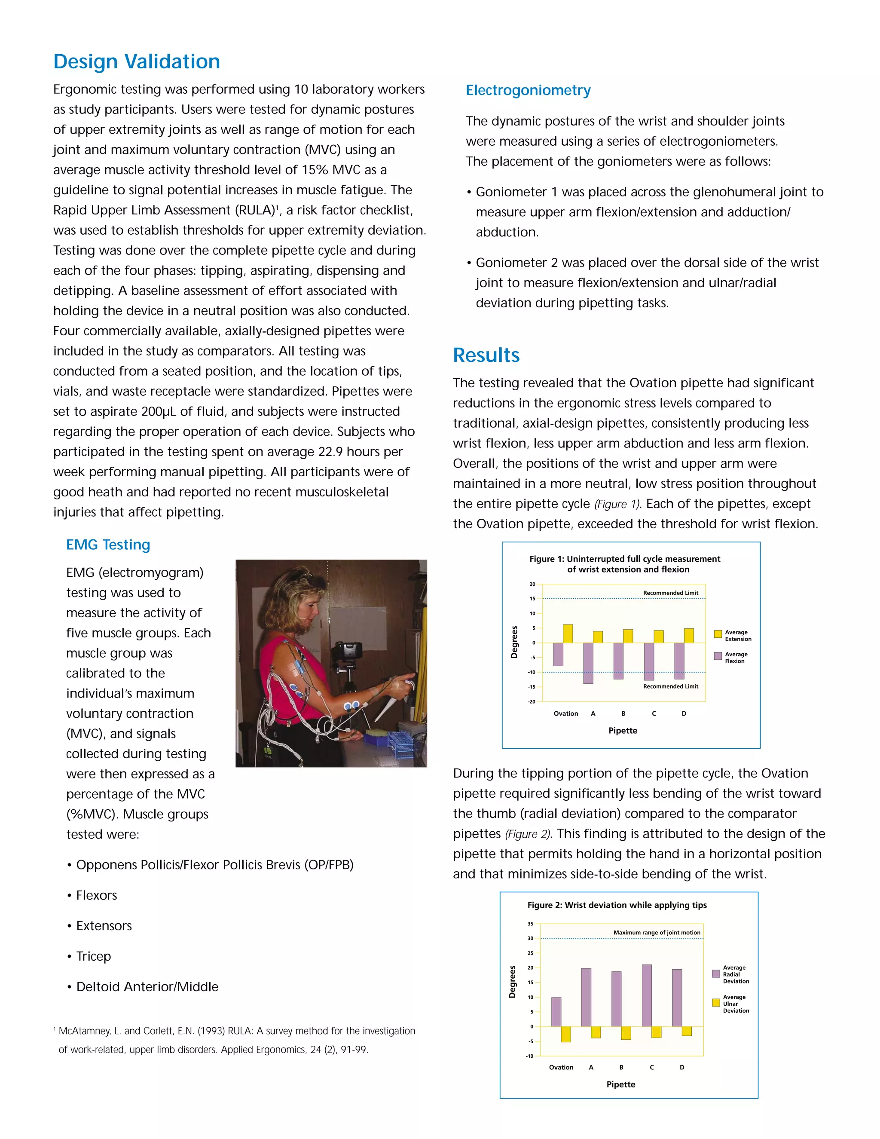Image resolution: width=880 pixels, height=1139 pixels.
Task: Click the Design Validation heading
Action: [x=137, y=61]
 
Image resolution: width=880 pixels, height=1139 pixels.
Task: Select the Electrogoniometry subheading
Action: [x=528, y=90]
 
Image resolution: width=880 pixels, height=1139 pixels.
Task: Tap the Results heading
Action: [x=486, y=355]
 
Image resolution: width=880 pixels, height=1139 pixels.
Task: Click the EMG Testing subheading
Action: [x=108, y=545]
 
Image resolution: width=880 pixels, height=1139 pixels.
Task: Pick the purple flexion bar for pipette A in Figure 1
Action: [x=588, y=662]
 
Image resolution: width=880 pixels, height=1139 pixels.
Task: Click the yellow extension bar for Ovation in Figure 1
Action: [x=568, y=633]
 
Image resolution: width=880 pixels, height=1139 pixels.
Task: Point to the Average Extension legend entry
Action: [x=733, y=635]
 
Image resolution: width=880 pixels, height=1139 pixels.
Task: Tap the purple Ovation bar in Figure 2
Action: [x=556, y=1012]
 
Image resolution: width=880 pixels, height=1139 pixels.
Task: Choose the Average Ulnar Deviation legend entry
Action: [x=730, y=1004]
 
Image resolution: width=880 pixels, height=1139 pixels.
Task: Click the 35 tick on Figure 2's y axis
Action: [x=530, y=924]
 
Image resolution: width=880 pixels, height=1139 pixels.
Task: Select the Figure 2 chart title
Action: [x=617, y=905]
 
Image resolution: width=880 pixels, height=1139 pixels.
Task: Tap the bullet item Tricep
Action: [x=93, y=956]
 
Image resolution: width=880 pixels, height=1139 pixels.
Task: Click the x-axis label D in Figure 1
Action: [x=684, y=713]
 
